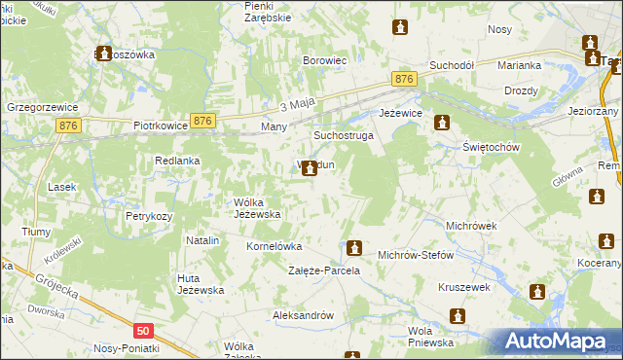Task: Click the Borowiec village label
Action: [325, 60]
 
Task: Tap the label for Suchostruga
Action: [343, 136]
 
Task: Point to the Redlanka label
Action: [177, 161]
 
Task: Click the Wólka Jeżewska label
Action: [257, 208]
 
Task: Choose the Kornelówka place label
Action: [275, 247]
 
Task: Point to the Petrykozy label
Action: [149, 216]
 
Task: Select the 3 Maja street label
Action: [298, 104]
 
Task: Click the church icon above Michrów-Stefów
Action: [354, 249]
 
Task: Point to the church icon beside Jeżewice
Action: [442, 124]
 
